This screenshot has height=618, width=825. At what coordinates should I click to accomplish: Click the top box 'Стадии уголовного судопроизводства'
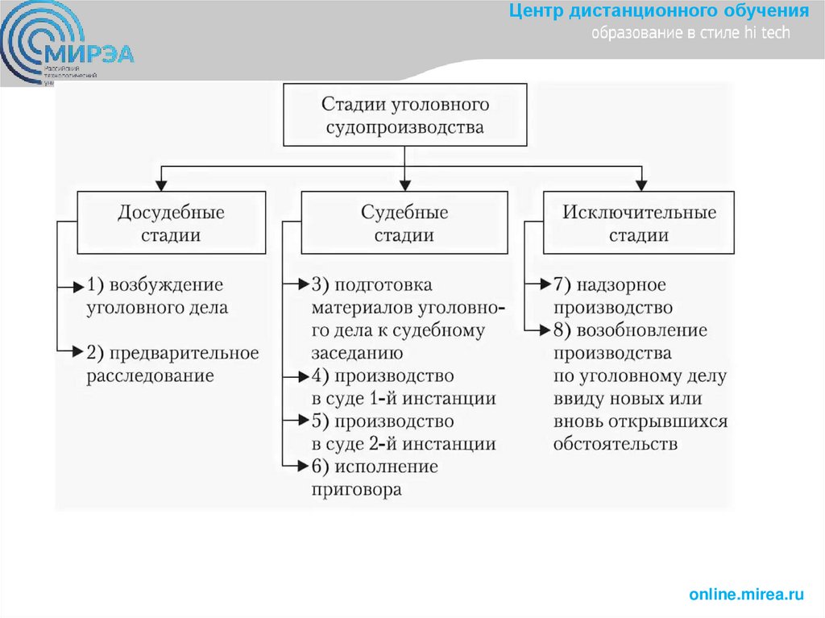click(x=404, y=115)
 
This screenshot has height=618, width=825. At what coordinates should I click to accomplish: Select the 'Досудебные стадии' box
click(x=171, y=223)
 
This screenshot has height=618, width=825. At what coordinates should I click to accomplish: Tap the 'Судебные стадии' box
click(x=404, y=223)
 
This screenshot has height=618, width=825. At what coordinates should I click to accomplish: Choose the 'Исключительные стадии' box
click(x=639, y=223)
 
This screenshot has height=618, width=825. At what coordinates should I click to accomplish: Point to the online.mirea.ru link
click(x=746, y=595)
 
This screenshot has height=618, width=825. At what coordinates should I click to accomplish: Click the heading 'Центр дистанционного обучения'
click(x=658, y=12)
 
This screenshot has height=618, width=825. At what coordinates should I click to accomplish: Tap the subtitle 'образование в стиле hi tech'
click(x=691, y=33)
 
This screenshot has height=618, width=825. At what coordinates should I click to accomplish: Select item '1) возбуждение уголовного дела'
click(x=157, y=296)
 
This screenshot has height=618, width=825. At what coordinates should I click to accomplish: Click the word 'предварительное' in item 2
click(x=184, y=353)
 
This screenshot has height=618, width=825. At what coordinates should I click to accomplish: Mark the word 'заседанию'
click(x=358, y=353)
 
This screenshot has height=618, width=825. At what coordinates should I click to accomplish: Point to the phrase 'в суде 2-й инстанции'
click(x=403, y=444)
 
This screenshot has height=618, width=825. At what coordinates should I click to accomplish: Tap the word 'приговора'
click(x=356, y=490)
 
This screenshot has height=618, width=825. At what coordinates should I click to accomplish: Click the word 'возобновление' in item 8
click(x=640, y=330)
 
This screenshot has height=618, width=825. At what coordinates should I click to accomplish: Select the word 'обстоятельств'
click(x=616, y=444)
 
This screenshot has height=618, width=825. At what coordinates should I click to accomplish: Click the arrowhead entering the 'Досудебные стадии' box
click(x=163, y=185)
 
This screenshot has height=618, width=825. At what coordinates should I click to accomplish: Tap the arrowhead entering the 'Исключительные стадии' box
click(x=641, y=185)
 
